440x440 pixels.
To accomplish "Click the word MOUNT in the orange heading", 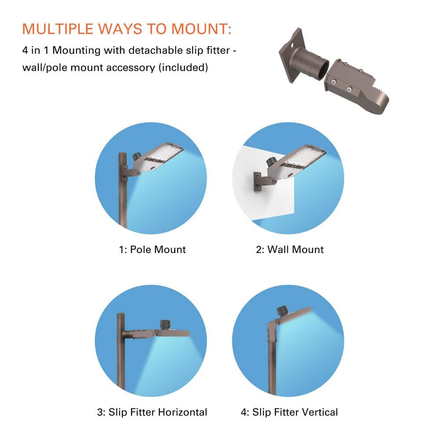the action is point(201,29).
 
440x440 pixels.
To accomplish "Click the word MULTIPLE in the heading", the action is point(58,29).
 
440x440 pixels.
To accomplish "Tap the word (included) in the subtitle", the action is point(183,68).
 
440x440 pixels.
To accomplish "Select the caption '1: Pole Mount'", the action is point(152,249).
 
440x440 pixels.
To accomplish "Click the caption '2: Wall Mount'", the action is point(290,249).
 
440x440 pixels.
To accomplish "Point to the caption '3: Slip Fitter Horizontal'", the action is point(152,412).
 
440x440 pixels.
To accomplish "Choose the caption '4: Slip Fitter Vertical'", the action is point(290,412).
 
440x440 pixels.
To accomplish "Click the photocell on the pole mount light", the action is point(137,156).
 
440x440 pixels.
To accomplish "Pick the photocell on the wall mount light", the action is point(271,161).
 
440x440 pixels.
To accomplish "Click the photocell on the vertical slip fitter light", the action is point(282,311).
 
